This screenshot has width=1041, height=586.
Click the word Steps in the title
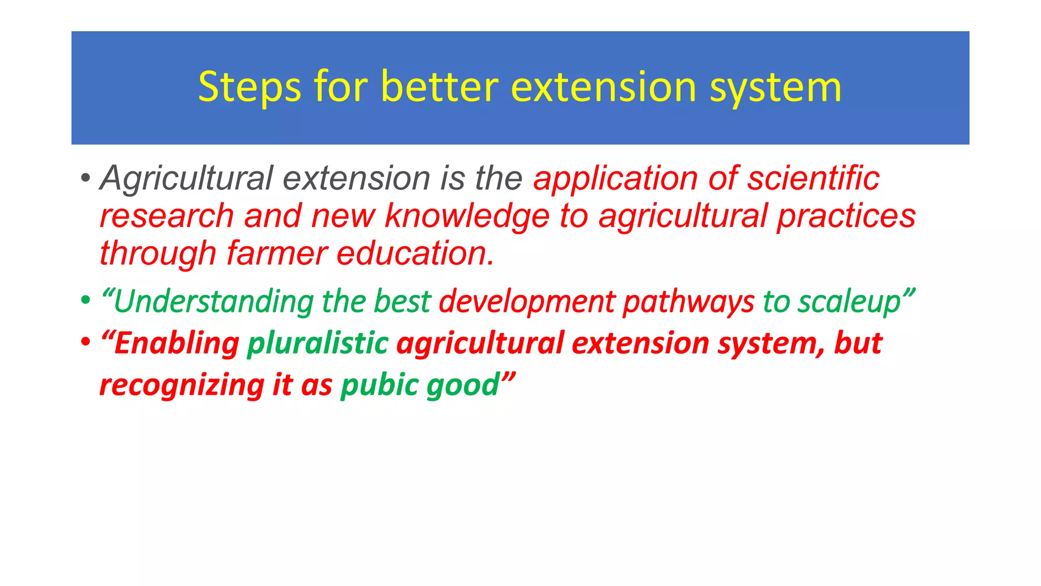250,88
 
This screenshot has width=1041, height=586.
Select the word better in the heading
440,87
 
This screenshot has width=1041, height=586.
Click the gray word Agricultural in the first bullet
187,179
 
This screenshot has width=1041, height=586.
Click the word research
166,216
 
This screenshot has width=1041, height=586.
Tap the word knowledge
467,216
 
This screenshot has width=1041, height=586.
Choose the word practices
846,216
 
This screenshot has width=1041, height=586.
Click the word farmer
277,253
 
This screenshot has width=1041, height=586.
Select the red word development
527,302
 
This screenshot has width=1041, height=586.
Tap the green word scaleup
849,302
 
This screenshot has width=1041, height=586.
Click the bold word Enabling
176,343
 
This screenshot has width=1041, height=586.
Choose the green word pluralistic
318,343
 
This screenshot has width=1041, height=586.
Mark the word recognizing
181,385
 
